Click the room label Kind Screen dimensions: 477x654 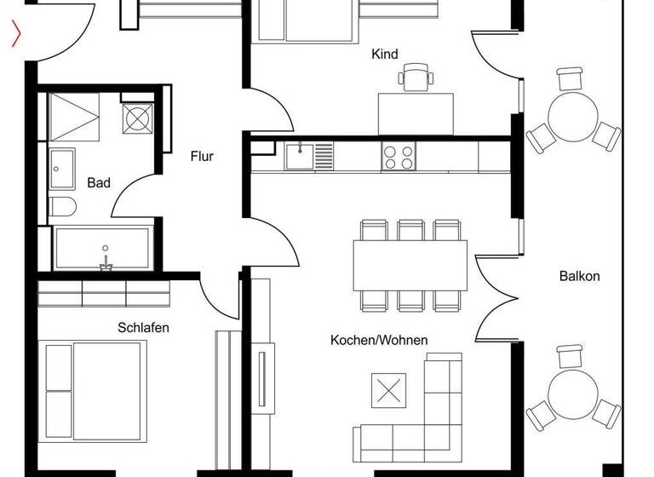385,55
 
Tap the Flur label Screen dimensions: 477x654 202,157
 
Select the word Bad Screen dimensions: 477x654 99,183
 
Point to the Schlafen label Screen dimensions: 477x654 143,327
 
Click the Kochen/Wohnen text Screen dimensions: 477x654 379,341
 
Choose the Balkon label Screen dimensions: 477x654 580,276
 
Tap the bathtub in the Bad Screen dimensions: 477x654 102,248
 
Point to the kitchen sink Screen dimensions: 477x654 300,156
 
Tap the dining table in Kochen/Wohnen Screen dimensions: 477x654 410,265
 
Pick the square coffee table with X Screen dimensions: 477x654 389,391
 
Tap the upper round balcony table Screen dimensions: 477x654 571,112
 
